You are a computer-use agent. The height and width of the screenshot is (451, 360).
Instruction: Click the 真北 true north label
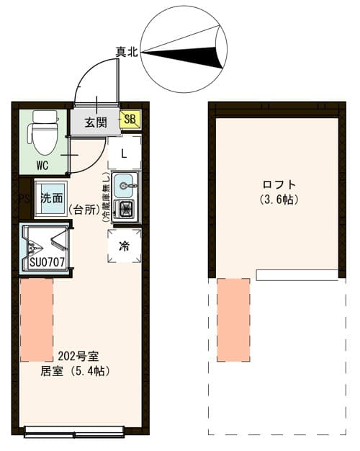tap(127, 52)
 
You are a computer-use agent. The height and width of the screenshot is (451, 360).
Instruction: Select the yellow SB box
tap(131, 120)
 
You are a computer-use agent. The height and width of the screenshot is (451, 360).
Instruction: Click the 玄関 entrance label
tap(95, 121)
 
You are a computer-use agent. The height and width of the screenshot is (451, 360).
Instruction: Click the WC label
tap(43, 164)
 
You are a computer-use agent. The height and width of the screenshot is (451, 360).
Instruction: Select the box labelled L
tap(124, 153)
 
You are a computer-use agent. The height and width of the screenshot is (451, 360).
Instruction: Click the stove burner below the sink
tap(126, 210)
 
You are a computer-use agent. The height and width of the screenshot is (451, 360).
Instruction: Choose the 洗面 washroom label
tap(51, 197)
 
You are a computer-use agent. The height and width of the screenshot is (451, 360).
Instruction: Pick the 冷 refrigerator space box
tap(124, 246)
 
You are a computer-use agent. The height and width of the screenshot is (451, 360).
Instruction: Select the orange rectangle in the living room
tap(37, 320)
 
